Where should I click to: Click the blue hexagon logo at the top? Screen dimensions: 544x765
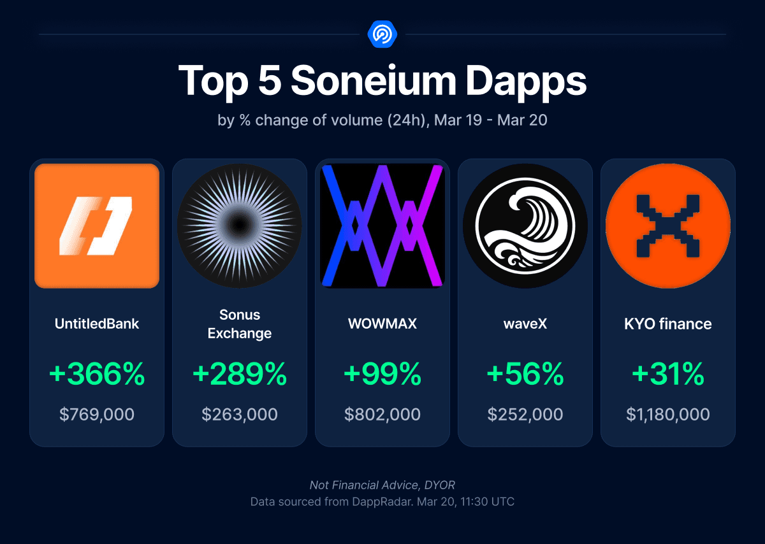coord(382,34)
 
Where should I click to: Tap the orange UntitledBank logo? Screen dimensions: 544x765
coord(97,225)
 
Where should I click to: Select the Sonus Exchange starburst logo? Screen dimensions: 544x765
coord(240,225)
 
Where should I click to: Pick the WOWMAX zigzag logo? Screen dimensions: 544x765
coord(382,225)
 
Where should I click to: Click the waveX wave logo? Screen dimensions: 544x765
coord(525,225)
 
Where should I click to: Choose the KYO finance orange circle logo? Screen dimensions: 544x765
coord(668,225)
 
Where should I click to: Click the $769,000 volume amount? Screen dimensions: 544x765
coord(97,415)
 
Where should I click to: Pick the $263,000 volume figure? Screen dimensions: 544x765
coord(240,415)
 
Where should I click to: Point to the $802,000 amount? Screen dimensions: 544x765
coord(382,415)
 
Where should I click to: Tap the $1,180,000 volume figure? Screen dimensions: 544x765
coord(668,415)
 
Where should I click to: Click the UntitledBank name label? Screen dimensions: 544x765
coord(97,324)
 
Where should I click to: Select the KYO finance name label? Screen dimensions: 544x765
coord(668,324)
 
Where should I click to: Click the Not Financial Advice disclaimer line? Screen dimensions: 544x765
coord(382,485)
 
